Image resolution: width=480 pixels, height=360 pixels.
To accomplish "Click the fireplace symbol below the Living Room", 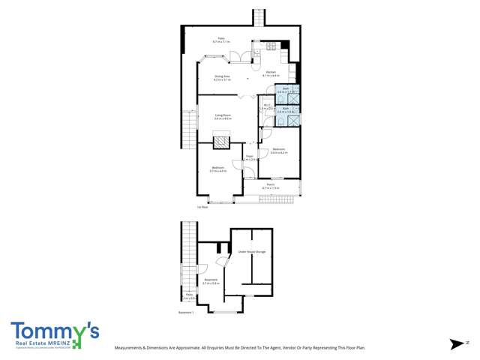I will (222, 140).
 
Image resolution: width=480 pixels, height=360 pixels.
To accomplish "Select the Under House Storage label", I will (251, 252).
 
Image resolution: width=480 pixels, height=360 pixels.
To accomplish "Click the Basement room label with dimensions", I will (210, 281).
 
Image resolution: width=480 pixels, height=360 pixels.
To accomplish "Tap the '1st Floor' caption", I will (201, 207).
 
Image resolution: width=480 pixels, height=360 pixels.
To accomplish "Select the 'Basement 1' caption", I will (186, 313).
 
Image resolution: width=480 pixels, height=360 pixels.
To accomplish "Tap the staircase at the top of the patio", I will (258, 16).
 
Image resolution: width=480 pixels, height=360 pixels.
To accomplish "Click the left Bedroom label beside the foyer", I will (218, 168).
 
